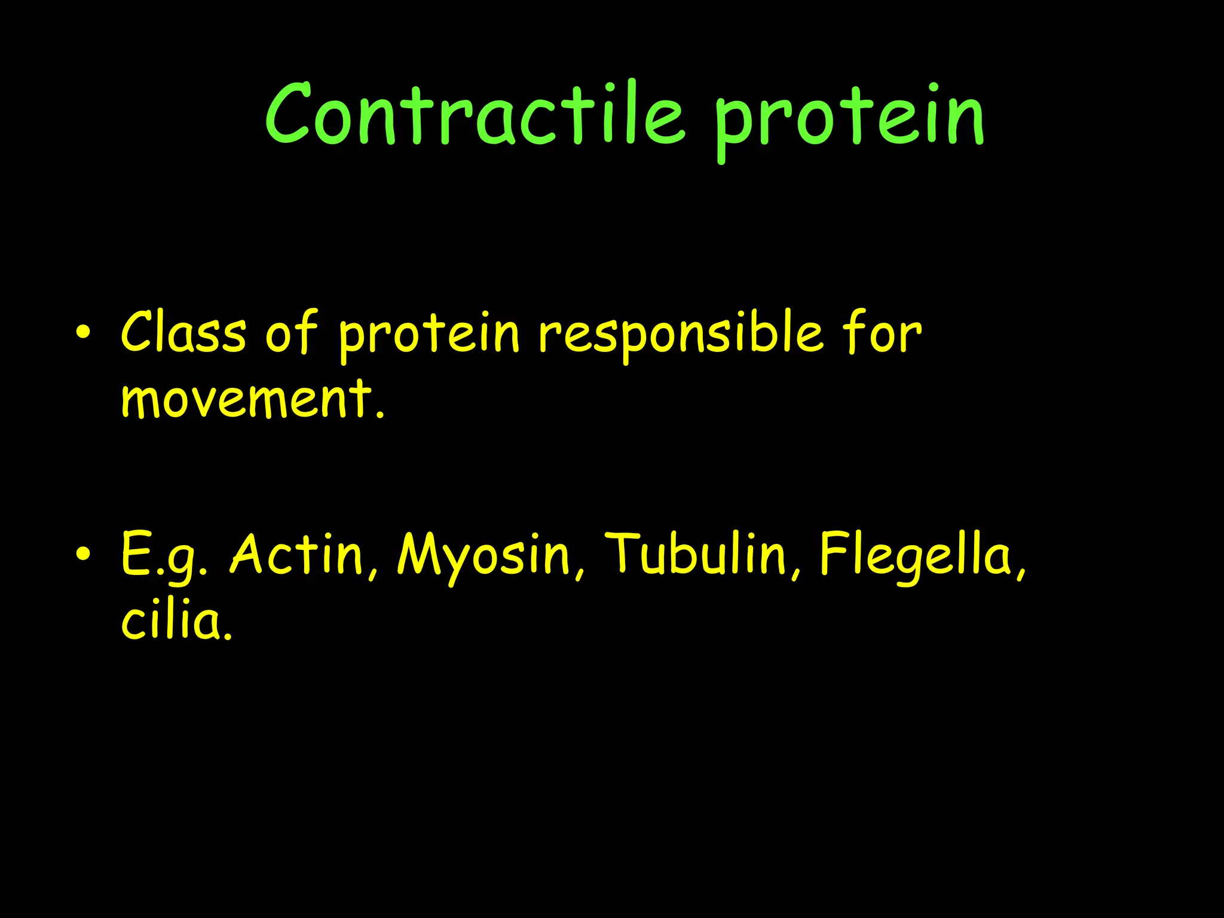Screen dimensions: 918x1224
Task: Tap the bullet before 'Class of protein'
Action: click(84, 333)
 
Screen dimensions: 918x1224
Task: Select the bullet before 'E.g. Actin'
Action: click(84, 554)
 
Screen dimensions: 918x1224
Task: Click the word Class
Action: click(183, 332)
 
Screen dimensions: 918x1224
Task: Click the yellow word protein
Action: click(429, 335)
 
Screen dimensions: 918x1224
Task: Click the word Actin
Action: click(297, 554)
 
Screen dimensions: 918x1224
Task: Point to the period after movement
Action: click(380, 414)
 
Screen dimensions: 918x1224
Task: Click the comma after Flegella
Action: click(1021, 575)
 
